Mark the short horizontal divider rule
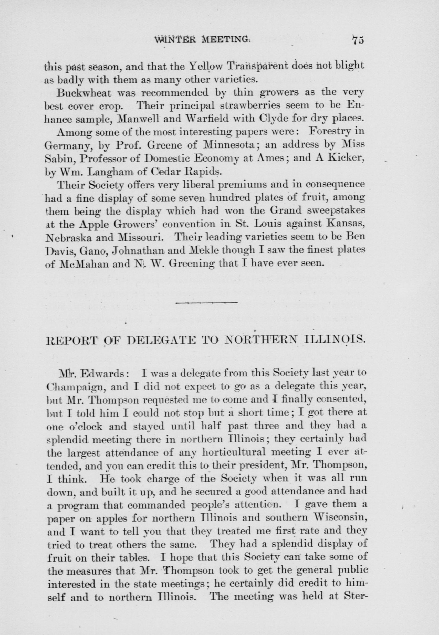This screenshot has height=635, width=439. pyautogui.click(x=206, y=303)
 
